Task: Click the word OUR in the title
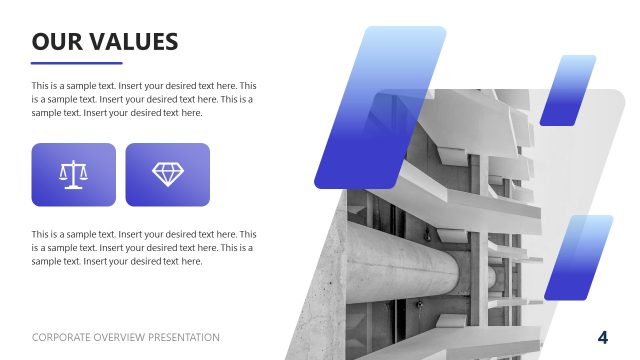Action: [56, 41]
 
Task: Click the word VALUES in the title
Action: [132, 41]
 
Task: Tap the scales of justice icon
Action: [73, 174]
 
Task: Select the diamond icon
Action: [167, 174]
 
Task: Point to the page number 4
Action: [603, 336]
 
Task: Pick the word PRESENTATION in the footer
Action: [184, 337]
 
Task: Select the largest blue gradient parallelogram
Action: [380, 108]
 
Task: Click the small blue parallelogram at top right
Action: [567, 90]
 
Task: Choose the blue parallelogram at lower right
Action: [577, 256]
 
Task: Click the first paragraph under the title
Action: [143, 99]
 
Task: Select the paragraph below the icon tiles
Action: [143, 247]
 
